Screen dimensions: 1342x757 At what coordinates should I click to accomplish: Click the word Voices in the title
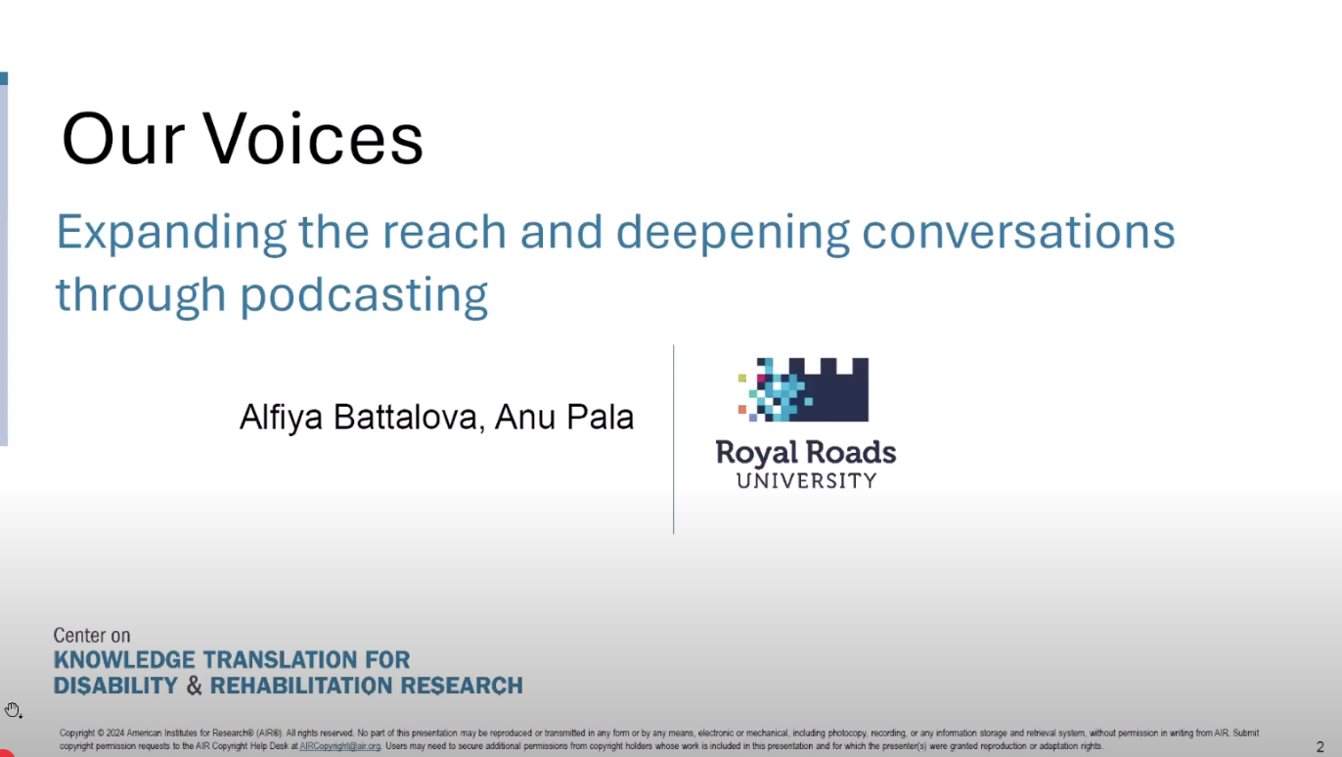coord(313,138)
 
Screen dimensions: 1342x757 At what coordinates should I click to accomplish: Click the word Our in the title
coord(123,138)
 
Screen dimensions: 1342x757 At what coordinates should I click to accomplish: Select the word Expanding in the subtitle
coord(171,234)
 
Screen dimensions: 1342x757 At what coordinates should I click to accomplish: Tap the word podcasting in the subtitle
coord(364,296)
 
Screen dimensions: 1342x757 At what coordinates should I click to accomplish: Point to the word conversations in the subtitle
coord(1018,233)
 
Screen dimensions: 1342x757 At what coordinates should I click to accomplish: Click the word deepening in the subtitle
coord(733,234)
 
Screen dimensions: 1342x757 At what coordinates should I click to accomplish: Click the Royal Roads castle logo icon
coord(803,390)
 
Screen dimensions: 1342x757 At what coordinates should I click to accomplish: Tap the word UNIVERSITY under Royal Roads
coord(806,481)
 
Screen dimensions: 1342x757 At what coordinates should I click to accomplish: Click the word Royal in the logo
coord(755,454)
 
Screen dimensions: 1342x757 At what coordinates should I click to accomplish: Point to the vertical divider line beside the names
coord(673,439)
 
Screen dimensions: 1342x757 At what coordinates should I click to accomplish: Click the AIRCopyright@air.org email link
coord(339,746)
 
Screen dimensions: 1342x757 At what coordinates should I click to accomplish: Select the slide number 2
coord(1320,747)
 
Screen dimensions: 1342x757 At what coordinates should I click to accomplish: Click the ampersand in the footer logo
coord(194,686)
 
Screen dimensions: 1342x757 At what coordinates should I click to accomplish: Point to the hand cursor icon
coord(13,710)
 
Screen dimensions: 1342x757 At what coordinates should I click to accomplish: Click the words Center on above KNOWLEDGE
coord(92,635)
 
